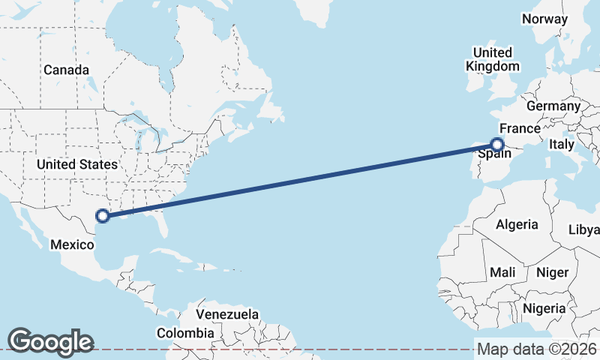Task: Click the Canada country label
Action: click(66, 70)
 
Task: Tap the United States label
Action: click(77, 164)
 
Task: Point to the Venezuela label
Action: click(227, 314)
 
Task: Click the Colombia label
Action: click(185, 332)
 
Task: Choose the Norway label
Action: click(545, 19)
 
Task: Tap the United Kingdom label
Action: click(492, 59)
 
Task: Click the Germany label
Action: click(553, 106)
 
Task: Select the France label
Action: click(520, 128)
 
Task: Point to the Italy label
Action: click(561, 144)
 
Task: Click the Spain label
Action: click(495, 154)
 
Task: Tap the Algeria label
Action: click(517, 224)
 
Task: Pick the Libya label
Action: click(585, 229)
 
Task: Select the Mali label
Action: click(502, 272)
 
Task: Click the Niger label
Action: click(553, 272)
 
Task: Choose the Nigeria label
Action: click(544, 308)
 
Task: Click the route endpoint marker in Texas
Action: click(103, 217)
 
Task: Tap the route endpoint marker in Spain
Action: click(497, 144)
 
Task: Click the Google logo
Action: click(50, 341)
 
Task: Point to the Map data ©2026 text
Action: click(536, 349)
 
